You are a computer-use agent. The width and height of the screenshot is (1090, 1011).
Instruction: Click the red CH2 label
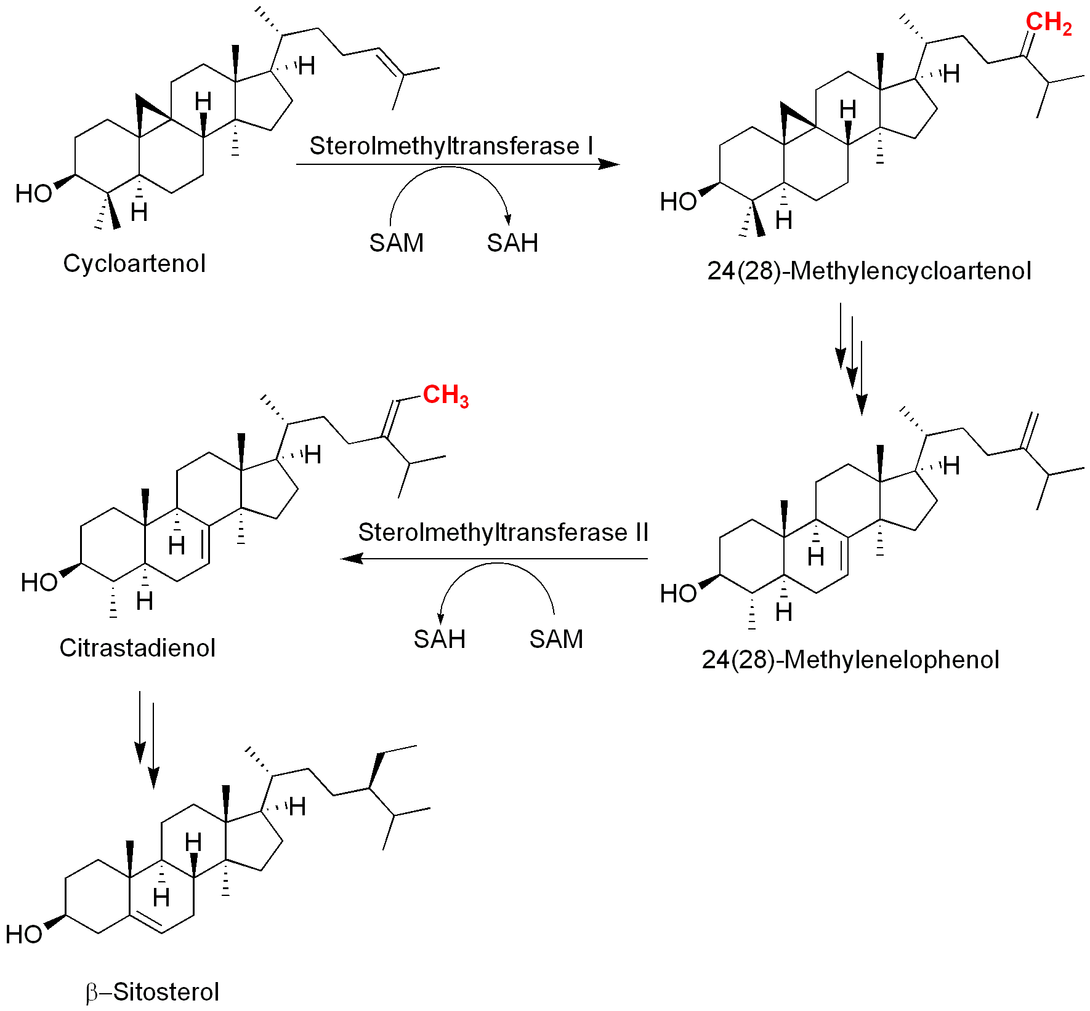tap(1048, 23)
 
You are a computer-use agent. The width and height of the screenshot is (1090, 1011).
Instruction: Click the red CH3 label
tap(446, 395)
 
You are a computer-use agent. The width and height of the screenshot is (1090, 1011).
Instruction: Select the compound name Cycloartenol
tap(134, 263)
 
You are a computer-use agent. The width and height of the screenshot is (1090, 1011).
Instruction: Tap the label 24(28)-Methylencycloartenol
tap(868, 271)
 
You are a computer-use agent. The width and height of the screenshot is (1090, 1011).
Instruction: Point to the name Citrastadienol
tap(137, 648)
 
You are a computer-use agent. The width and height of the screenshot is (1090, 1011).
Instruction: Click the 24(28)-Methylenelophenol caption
tap(850, 660)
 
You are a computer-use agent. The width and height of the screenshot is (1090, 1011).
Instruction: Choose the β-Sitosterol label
tap(153, 992)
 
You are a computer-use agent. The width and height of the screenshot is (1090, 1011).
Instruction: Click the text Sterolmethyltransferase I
tap(451, 146)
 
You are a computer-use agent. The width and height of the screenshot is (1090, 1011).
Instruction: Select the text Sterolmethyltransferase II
tap(503, 532)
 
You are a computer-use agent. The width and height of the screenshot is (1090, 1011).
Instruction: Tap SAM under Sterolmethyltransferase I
tap(396, 243)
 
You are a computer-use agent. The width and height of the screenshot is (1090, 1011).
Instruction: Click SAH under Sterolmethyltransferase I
tap(512, 243)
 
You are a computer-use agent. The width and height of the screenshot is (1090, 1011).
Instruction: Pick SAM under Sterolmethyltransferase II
tap(556, 639)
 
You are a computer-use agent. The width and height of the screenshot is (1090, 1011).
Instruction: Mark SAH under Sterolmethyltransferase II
tap(439, 639)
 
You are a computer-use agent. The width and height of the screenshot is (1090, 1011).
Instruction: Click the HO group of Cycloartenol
tap(34, 194)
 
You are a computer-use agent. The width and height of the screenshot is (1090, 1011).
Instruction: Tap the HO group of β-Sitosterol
tap(24, 935)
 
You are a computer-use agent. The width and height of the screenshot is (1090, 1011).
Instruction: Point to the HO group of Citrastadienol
tap(39, 583)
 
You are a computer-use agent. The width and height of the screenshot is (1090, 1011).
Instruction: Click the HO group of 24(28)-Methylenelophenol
tap(678, 594)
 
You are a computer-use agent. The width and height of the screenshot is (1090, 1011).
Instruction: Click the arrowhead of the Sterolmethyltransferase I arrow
tap(609, 164)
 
